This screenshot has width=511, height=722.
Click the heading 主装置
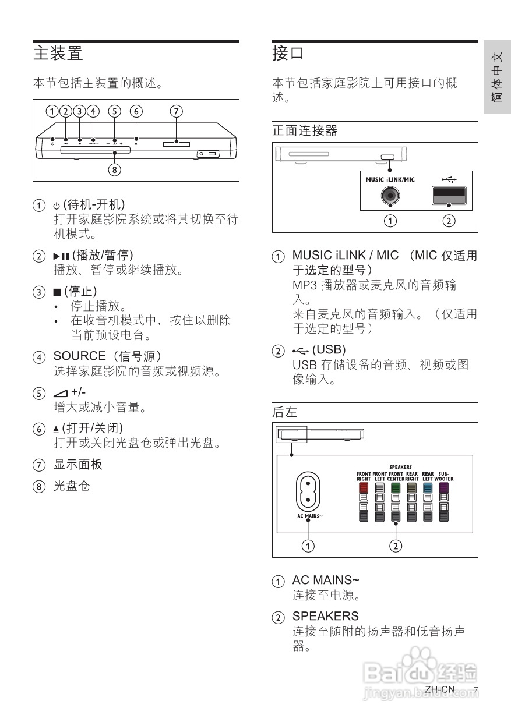tap(58, 54)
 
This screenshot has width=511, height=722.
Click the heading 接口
tap(288, 54)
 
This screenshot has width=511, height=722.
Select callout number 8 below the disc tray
tap(115, 170)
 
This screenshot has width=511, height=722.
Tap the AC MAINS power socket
tap(308, 491)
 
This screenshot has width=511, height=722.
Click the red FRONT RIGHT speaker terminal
tap(364, 488)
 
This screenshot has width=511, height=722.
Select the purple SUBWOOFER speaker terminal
tap(444, 488)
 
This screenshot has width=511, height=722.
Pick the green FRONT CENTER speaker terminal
tap(396, 488)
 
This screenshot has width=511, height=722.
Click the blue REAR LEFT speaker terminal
tap(428, 488)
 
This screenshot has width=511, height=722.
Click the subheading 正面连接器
tap(305, 131)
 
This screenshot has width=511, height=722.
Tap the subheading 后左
tap(284, 412)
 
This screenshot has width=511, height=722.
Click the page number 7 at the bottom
tap(475, 690)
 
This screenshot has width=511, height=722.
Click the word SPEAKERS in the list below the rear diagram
tap(325, 615)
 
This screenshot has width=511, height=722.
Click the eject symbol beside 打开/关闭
tap(57, 429)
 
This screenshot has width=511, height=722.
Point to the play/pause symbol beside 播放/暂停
tap(61, 256)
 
